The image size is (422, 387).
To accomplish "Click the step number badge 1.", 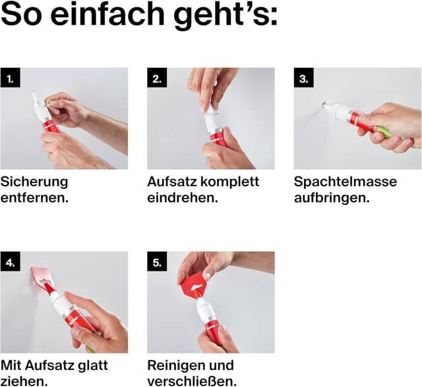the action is [x=11, y=78].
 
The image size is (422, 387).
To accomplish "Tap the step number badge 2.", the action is [x=157, y=78].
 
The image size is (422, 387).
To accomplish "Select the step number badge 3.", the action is [x=303, y=78].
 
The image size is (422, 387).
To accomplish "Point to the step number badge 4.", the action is [x=11, y=261].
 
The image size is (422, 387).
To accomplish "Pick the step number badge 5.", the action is [x=157, y=261].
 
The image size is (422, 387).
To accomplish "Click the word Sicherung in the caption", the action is [x=34, y=182].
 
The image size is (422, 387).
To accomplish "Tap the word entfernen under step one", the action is [x=34, y=198].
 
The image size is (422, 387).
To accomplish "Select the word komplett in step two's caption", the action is [x=229, y=182].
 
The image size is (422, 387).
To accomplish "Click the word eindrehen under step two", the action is [x=183, y=198].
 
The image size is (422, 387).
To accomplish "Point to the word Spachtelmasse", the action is [x=346, y=182].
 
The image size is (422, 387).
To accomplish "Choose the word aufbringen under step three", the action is [x=332, y=198].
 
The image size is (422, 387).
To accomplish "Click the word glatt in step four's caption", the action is [x=92, y=365].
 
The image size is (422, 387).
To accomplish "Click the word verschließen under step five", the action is [x=192, y=382].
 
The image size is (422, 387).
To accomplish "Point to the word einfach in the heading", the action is [x=107, y=14].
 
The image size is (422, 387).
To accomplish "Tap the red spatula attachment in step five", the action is [x=195, y=286].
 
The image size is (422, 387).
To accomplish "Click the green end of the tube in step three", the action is [x=384, y=132].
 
